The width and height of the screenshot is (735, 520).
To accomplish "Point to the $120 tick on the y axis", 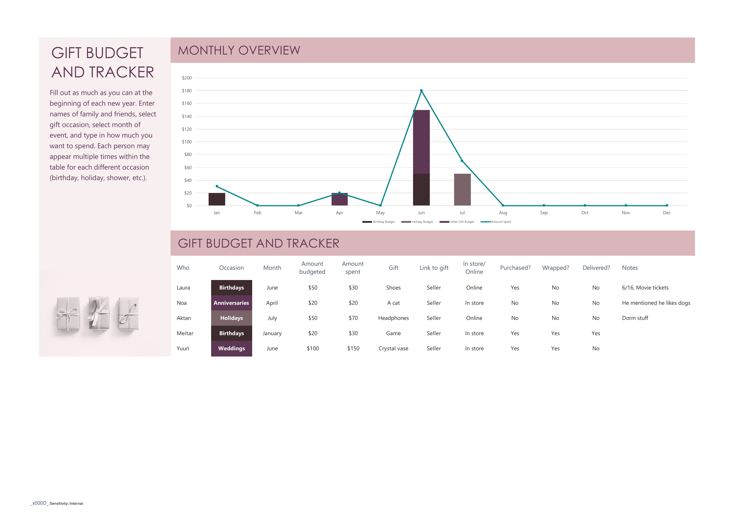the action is (187, 129).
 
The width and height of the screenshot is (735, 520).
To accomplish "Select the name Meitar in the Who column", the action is (185, 333).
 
